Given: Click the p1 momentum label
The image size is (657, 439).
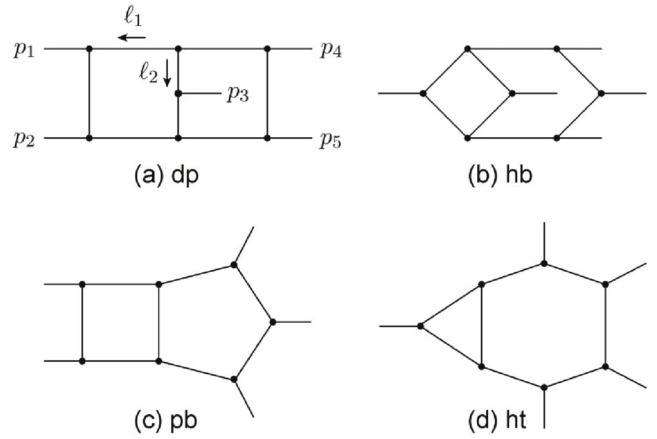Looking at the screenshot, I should point(23,50).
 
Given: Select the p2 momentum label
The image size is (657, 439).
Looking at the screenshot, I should point(23,140).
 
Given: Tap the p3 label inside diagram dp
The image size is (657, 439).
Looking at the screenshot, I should point(237,95).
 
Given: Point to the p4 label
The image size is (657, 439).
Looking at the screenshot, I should point(330,50).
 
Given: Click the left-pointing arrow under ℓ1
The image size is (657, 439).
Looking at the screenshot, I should point(132,37).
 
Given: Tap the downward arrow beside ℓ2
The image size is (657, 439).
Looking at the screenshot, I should point(167,75).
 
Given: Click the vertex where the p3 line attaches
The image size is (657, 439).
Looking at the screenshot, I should point(178,94).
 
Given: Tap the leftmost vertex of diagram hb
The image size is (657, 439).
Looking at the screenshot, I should point(423,93).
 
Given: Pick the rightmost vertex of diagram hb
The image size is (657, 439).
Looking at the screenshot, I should point(601,93).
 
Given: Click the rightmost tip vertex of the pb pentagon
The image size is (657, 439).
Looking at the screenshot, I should point(273,322).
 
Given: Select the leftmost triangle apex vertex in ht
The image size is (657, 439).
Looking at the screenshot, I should point(420,326).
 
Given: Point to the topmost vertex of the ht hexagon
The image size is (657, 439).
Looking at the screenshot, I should point(544,264).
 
